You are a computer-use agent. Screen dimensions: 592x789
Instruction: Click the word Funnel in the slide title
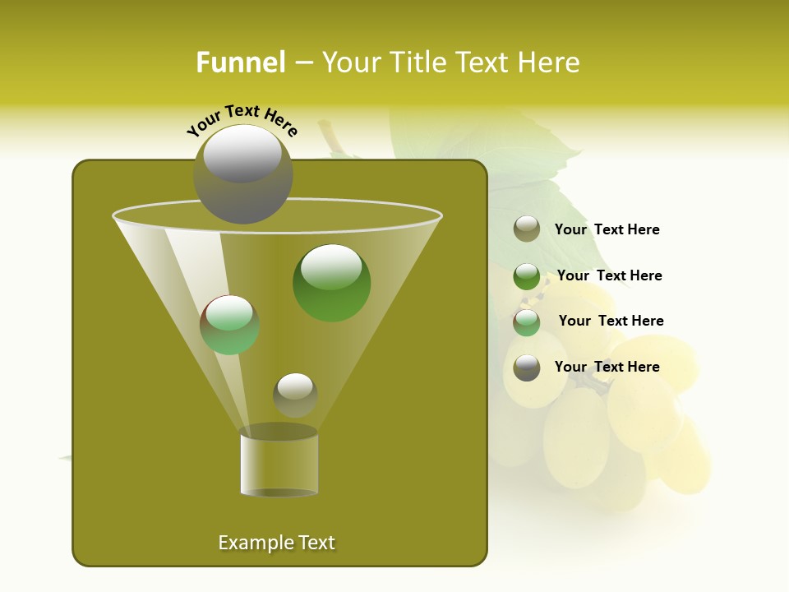click(x=240, y=62)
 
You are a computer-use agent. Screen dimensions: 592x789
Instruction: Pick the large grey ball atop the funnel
click(x=243, y=174)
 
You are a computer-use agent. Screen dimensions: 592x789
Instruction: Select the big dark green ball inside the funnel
click(x=332, y=283)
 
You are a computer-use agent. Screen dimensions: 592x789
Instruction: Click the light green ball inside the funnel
click(x=230, y=325)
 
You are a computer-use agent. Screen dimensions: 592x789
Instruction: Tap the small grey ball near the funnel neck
click(x=295, y=395)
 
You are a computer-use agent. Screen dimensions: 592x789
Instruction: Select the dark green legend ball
click(x=527, y=276)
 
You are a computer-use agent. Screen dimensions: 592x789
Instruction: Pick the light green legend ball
click(x=527, y=322)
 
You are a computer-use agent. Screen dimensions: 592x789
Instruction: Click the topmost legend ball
click(x=527, y=229)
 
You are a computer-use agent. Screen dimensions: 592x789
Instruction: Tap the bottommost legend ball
click(x=527, y=368)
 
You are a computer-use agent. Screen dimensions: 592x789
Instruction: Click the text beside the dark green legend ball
click(x=609, y=275)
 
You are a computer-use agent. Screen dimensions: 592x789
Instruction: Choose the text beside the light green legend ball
click(x=611, y=321)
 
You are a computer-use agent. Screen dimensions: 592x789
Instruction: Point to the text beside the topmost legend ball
click(x=607, y=229)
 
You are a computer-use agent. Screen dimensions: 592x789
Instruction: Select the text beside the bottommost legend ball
click(x=607, y=367)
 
